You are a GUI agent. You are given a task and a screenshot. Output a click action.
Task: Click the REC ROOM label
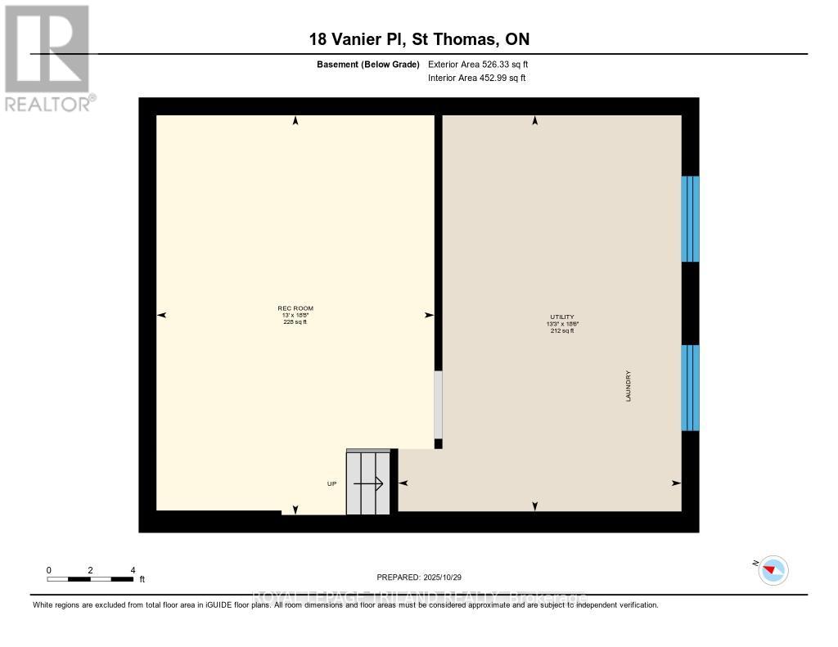(295, 308)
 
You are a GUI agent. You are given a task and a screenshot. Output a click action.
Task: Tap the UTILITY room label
(562, 317)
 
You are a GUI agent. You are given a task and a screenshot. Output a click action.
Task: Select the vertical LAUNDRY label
(628, 387)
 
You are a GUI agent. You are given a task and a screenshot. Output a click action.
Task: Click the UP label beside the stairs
(331, 483)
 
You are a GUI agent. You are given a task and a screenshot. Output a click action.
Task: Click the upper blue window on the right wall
(690, 218)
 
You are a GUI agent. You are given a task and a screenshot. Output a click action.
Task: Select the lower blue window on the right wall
(690, 387)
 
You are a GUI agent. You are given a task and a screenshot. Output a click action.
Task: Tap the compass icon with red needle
(773, 569)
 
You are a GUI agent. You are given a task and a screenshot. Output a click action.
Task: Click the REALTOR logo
(47, 57)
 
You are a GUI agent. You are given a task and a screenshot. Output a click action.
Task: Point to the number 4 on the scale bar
(133, 570)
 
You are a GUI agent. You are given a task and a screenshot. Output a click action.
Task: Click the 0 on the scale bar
(49, 570)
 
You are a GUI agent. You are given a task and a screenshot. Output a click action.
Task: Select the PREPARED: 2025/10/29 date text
(425, 577)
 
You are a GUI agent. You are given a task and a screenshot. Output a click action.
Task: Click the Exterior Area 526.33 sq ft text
(484, 64)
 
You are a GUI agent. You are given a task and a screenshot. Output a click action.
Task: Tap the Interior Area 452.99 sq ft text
(477, 79)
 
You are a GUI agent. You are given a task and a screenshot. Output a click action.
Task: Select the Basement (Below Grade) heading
(367, 64)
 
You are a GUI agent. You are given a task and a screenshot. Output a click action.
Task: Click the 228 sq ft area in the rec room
(295, 322)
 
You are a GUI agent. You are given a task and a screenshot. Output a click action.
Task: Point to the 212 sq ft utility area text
(562, 330)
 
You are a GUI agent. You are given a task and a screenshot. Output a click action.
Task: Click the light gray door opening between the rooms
(438, 404)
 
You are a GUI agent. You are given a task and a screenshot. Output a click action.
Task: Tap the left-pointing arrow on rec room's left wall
(161, 315)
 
